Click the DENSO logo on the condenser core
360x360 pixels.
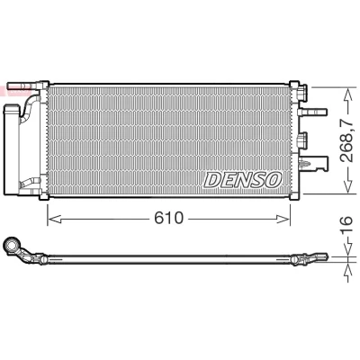pos(243,180)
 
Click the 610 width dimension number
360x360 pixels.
pos(168,218)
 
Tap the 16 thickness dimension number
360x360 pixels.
pos(347,220)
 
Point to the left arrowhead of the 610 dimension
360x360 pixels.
pos(55,219)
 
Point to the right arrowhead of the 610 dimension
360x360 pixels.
pos(283,219)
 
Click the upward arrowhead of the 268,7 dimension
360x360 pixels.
pos(347,94)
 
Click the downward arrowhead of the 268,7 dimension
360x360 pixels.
pos(347,185)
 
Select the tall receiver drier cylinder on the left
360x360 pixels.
pos(12,149)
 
